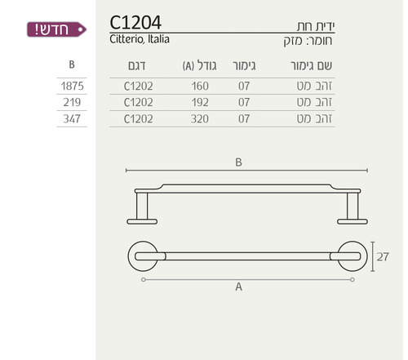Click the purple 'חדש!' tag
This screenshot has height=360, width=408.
[56, 29]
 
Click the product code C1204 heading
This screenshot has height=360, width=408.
[135, 22]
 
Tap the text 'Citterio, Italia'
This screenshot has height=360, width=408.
[140, 39]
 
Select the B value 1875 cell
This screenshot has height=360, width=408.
[72, 87]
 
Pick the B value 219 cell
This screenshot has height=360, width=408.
[72, 102]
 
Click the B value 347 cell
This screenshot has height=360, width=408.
[72, 119]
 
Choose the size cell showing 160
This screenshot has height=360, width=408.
[200, 87]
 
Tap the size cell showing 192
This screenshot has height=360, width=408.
[200, 102]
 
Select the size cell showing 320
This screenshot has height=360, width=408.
[200, 119]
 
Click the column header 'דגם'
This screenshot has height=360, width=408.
[137, 66]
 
